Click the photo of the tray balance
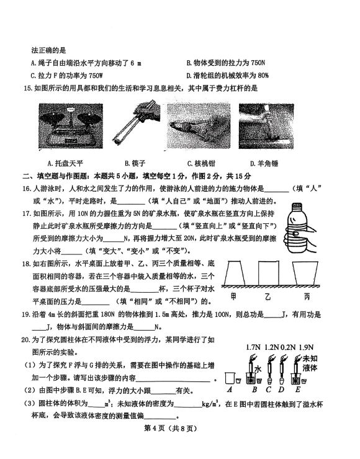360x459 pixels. (71, 126)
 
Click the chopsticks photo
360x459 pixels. (136, 122)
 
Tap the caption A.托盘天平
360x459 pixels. (65, 163)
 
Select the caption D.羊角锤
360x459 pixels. (264, 163)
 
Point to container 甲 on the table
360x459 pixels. (235, 273)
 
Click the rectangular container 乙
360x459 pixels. (268, 273)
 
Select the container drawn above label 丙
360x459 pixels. (305, 273)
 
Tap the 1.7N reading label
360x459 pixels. (253, 347)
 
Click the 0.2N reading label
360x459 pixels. (287, 347)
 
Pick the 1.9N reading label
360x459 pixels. (306, 347)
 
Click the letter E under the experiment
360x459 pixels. (298, 390)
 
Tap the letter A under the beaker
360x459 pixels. (230, 390)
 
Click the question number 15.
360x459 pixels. (27, 89)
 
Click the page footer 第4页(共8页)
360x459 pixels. (170, 428)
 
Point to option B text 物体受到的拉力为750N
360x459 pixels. (226, 63)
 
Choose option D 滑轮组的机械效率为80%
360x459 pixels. (228, 76)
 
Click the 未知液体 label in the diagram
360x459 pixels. (310, 363)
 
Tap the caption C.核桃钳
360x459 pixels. (201, 163)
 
